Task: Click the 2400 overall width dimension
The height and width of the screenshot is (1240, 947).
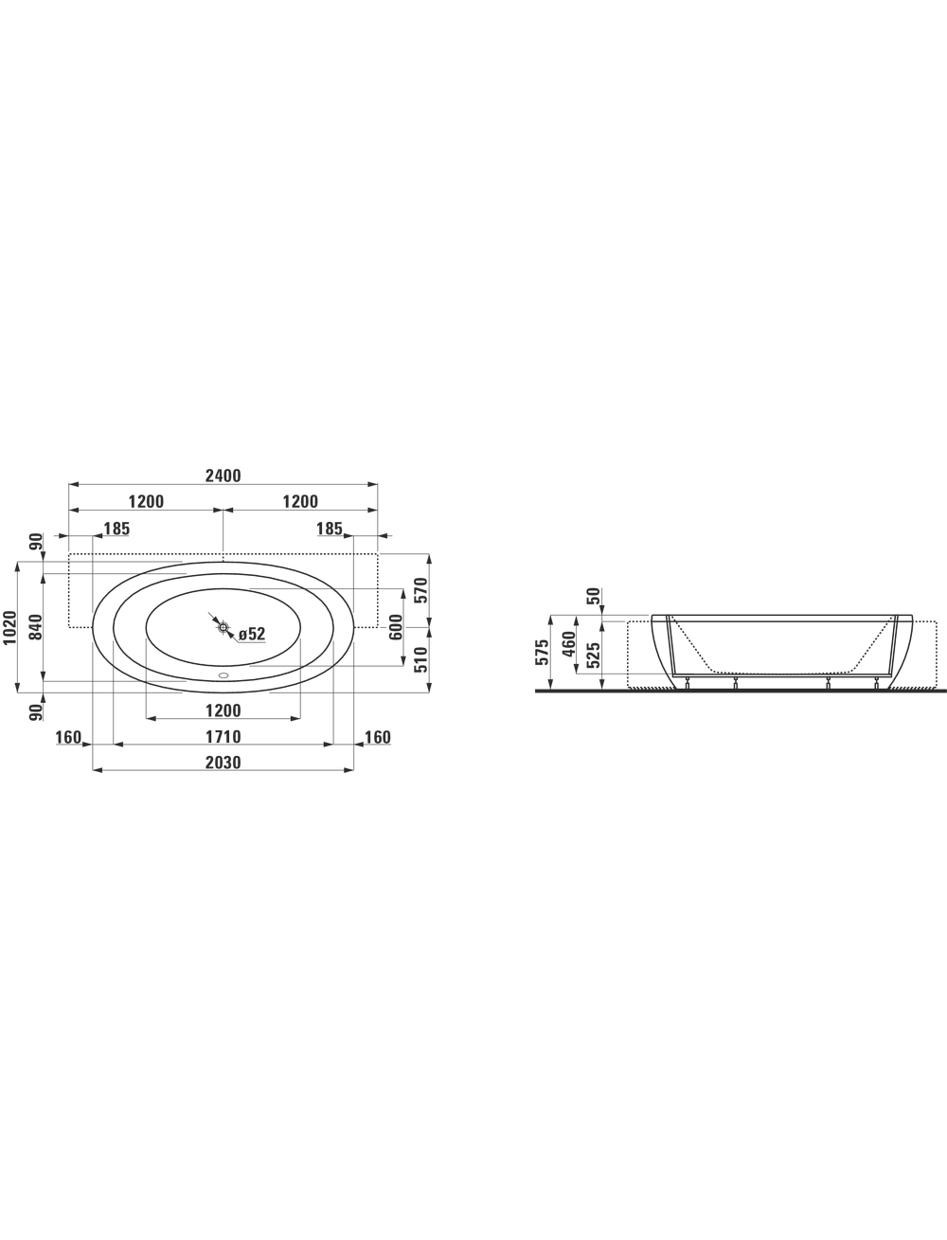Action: [x=223, y=476]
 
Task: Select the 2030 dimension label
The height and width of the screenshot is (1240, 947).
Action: [x=223, y=763]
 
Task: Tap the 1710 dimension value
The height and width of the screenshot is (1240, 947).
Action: [x=223, y=737]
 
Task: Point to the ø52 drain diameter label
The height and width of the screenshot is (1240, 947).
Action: [x=252, y=634]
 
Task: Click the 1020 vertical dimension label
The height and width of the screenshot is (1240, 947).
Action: [x=9, y=628]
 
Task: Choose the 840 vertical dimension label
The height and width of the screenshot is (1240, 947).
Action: [x=35, y=627]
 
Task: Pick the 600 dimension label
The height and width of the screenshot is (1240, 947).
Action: [x=396, y=627]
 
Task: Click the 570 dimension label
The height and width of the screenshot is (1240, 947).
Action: [x=421, y=590]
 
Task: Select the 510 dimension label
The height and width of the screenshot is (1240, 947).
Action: [x=421, y=660]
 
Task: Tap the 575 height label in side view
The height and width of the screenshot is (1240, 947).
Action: [x=542, y=653]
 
